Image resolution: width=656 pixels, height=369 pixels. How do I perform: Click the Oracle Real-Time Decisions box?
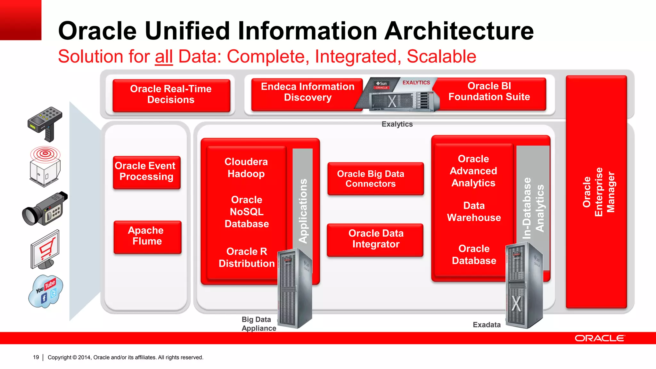pyautogui.click(x=171, y=95)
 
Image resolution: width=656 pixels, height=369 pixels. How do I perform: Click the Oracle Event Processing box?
pyautogui.click(x=146, y=172)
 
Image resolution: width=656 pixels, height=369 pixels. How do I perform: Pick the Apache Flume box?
pyautogui.click(x=147, y=236)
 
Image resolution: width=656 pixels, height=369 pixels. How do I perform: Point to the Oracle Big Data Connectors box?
pyautogui.click(x=375, y=179)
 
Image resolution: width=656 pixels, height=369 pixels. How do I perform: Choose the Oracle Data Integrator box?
pyautogui.click(x=375, y=239)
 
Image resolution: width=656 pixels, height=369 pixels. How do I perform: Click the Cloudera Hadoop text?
pyautogui.click(x=246, y=168)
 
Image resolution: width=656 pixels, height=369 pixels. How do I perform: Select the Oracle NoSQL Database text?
pyautogui.click(x=247, y=212)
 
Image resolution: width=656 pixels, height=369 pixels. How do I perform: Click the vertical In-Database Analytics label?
pyautogui.click(x=533, y=208)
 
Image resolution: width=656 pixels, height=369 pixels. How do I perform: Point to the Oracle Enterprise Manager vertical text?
pyautogui.click(x=598, y=192)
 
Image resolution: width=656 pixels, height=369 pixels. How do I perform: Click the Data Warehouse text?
pyautogui.click(x=474, y=212)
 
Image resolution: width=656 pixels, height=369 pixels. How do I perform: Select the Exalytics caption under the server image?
pyautogui.click(x=397, y=124)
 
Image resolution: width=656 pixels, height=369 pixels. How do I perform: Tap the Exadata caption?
pyautogui.click(x=486, y=325)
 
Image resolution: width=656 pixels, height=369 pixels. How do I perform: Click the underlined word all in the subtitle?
pyautogui.click(x=164, y=57)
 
